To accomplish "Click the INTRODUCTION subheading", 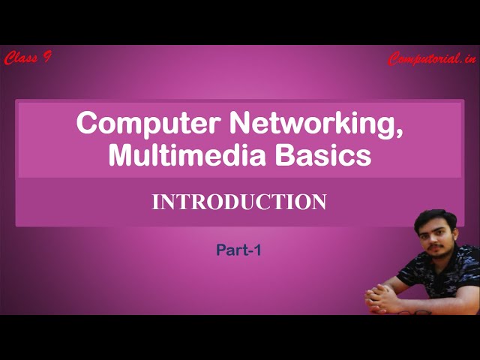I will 239,202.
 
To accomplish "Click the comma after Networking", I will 397,133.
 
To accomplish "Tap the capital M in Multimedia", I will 120,155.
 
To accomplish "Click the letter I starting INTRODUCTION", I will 155,202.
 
